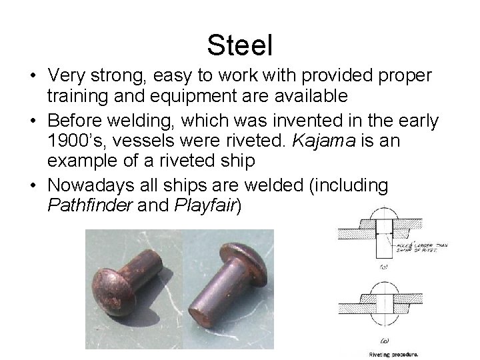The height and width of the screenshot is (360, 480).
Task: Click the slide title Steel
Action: pyautogui.click(x=240, y=45)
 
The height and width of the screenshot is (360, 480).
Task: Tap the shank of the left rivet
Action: pyautogui.click(x=147, y=267)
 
